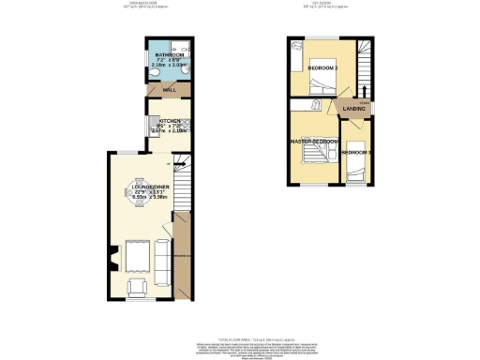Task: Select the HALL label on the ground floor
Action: tap(169, 90)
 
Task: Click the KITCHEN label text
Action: tap(169, 121)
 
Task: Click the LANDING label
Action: tap(355, 108)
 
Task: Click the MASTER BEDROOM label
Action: tap(314, 142)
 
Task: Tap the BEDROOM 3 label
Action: tap(356, 151)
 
